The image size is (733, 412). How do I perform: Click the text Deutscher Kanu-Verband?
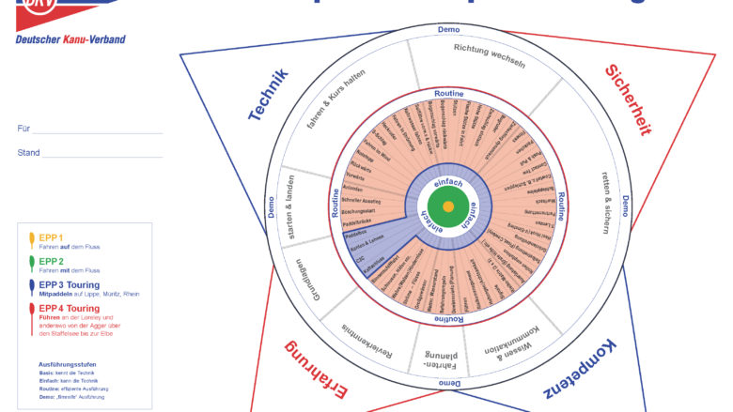click(x=70, y=38)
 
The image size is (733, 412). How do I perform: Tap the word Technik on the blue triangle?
click(x=268, y=99)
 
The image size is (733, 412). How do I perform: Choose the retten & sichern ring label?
click(x=612, y=202)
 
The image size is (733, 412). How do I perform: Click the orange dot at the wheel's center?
click(x=448, y=206)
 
